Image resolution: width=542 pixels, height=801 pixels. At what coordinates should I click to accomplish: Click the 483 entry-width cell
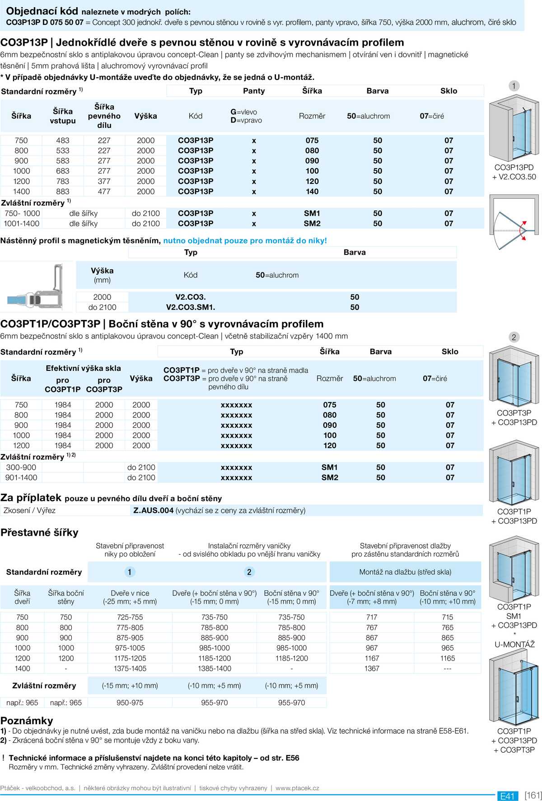click(x=63, y=141)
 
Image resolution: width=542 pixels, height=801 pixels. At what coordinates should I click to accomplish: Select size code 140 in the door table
click(x=312, y=192)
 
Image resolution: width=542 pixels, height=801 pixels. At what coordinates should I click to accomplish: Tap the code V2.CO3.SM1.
click(x=191, y=307)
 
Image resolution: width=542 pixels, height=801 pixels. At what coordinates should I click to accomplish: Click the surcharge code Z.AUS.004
click(x=154, y=511)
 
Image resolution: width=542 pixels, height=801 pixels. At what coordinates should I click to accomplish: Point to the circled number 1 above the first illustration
click(x=514, y=86)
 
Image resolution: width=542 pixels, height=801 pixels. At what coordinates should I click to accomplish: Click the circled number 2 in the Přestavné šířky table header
click(x=249, y=572)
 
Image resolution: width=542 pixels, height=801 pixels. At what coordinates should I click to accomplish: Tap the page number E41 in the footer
click(x=507, y=796)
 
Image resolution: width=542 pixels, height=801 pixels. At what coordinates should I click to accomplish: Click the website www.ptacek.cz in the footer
click(x=297, y=788)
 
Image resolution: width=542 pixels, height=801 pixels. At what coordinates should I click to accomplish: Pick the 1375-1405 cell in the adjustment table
click(x=130, y=669)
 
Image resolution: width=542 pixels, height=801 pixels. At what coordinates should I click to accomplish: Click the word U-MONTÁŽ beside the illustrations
click(x=514, y=645)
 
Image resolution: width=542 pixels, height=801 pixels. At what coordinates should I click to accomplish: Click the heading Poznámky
click(x=27, y=721)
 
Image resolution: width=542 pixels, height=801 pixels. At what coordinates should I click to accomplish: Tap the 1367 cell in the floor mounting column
click(x=372, y=669)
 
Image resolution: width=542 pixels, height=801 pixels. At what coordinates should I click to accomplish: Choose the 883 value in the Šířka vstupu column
click(x=63, y=192)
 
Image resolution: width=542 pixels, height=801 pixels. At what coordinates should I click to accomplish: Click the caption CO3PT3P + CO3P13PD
click(x=514, y=417)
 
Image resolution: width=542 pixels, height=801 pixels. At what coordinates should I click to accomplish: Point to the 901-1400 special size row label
click(x=21, y=478)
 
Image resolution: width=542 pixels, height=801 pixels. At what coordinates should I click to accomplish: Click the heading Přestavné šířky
click(x=39, y=533)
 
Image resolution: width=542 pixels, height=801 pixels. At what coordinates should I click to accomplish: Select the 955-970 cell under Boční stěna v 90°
click(x=291, y=703)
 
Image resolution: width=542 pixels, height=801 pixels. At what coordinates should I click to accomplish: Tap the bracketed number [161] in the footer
click(x=533, y=796)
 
